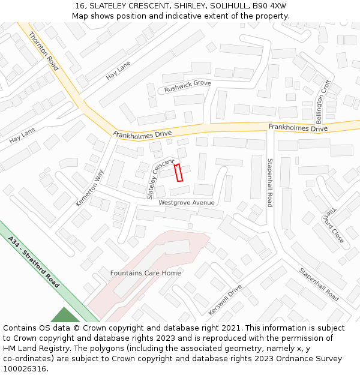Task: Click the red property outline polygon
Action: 178,173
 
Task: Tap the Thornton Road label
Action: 44,52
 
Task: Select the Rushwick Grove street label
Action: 188,86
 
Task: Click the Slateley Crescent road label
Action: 160,179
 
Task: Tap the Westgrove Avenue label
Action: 186,203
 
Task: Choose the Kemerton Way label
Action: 90,188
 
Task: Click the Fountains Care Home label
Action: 145,273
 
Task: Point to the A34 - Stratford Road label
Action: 34,262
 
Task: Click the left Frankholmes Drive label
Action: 143,134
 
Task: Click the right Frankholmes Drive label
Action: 298,128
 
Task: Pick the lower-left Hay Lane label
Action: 22,136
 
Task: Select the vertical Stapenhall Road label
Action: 270,183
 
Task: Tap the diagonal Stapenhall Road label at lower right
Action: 319,284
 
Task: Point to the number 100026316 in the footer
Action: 24,369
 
